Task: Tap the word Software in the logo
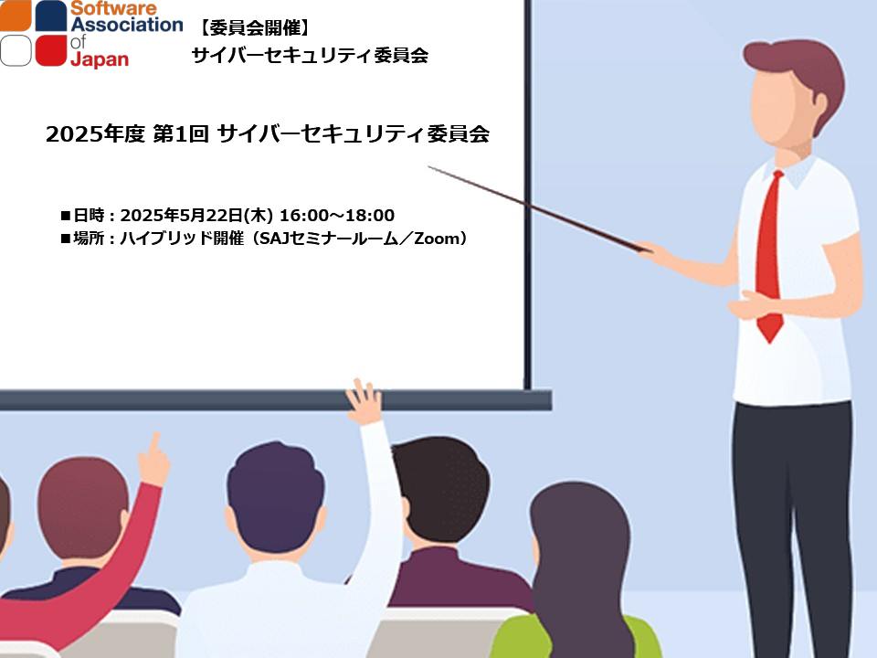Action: (x=113, y=8)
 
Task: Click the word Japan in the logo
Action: (x=100, y=58)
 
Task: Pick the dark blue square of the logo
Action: (x=51, y=16)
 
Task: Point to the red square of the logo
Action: (x=51, y=51)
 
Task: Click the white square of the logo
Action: (x=16, y=51)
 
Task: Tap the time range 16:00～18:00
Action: (x=337, y=216)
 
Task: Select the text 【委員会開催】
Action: (x=255, y=27)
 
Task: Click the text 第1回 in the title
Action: (x=181, y=133)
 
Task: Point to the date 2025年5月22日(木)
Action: (x=196, y=216)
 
